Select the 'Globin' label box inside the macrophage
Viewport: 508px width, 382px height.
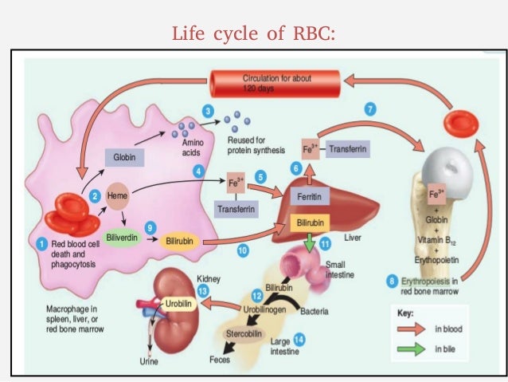click(123, 158)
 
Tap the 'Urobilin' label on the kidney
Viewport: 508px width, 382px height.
click(179, 304)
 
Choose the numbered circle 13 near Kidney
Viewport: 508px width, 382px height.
click(204, 293)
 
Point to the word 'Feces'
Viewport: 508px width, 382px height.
click(221, 360)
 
